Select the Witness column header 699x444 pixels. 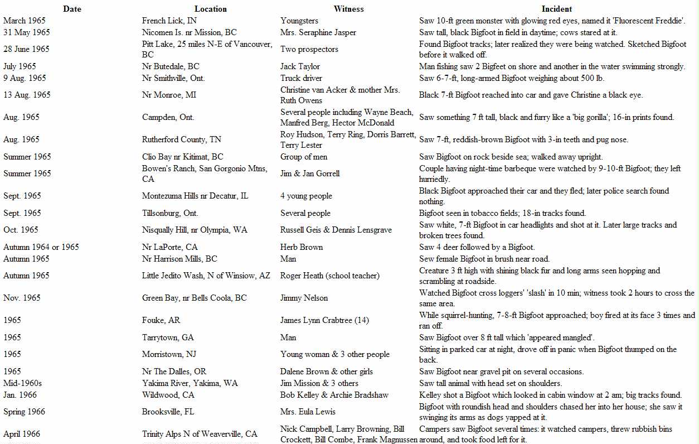pyautogui.click(x=348, y=9)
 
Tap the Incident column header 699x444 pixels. pyautogui.click(x=557, y=9)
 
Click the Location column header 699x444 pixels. pyautogui.click(x=210, y=9)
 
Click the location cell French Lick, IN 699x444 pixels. pyautogui.click(x=169, y=21)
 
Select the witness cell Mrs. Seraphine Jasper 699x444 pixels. pyautogui.click(x=318, y=32)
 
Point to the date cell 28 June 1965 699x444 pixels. pyautogui.click(x=26, y=49)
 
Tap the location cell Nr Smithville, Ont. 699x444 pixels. pyautogui.click(x=173, y=78)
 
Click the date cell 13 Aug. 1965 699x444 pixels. pyautogui.click(x=27, y=95)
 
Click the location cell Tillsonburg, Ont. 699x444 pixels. pyautogui.click(x=170, y=213)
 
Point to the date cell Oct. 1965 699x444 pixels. pyautogui.click(x=21, y=230)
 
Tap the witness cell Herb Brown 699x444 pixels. pyautogui.click(x=302, y=247)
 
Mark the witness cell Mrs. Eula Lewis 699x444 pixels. pyautogui.click(x=308, y=412)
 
